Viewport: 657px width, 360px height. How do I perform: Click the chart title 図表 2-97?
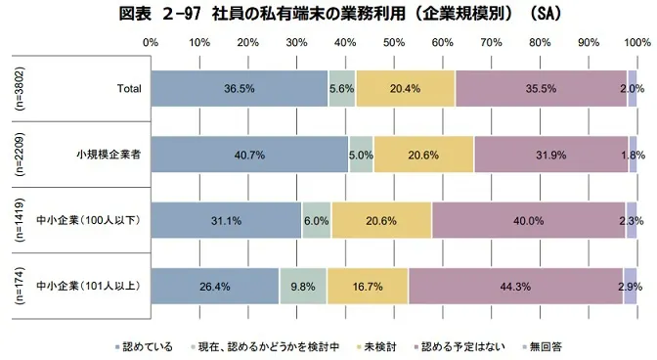coord(328,14)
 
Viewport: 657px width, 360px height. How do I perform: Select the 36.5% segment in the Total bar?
coord(240,88)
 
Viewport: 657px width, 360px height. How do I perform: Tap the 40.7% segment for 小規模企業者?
coord(250,155)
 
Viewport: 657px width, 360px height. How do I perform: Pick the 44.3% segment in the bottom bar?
coord(515,286)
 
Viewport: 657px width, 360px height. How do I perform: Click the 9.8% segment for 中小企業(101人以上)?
coord(303,286)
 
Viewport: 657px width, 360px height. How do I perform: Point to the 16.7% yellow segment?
coord(368,286)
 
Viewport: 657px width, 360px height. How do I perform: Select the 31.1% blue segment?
coord(226,220)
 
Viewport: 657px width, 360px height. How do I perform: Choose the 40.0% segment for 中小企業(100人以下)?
coord(528,220)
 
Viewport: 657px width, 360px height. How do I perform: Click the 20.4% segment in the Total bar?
coord(405,88)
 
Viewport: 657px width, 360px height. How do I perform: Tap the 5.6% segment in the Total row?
coord(342,88)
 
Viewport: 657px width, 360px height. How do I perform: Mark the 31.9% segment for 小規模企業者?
coord(550,155)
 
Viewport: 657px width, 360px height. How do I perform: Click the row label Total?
coord(129,89)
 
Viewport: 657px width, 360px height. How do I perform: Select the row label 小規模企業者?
coord(109,155)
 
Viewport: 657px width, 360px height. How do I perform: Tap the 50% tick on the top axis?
coord(393,43)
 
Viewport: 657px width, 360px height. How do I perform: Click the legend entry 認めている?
coord(150,346)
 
